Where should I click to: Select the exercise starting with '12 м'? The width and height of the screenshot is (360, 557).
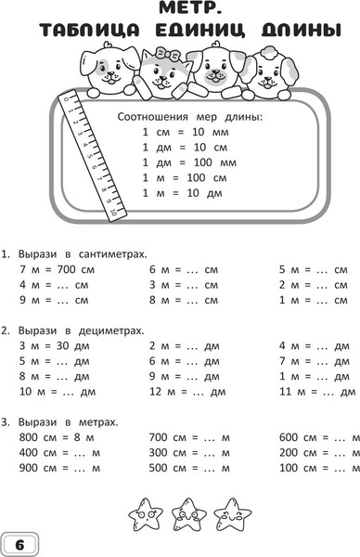183,392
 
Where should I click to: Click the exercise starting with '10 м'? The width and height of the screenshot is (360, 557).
53,392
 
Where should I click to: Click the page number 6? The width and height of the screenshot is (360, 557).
19,542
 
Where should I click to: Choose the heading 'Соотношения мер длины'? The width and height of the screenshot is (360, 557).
191,117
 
